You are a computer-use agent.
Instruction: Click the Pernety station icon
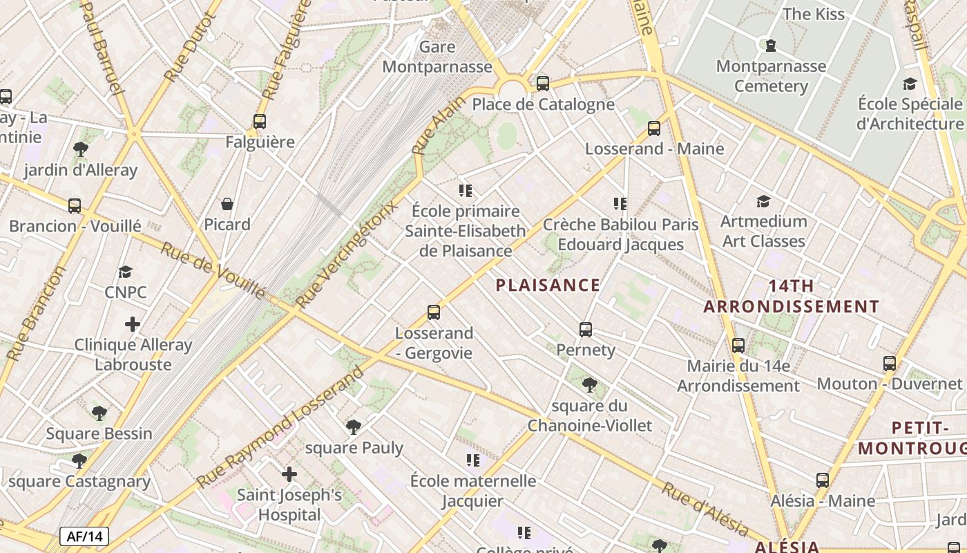586,329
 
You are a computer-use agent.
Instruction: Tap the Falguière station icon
260,122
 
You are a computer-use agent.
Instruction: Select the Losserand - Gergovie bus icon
434,312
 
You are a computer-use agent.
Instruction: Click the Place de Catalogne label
543,104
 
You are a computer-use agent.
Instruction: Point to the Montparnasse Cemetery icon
770,46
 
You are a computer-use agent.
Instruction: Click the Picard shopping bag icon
227,204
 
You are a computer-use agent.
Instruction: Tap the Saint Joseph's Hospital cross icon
289,474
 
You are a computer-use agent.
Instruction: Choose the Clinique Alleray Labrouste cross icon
133,324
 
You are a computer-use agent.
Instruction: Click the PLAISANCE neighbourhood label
548,285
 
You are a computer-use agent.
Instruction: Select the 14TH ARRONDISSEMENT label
792,296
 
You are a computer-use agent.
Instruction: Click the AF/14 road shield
84,536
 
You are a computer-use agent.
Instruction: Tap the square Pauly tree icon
354,427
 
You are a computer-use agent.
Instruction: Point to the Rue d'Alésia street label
705,510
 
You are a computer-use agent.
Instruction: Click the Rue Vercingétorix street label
347,254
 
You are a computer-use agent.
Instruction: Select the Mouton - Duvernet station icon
890,363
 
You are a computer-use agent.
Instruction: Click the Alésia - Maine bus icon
822,480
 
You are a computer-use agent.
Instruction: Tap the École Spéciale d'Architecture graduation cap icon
910,84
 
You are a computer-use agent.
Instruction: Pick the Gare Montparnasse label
437,57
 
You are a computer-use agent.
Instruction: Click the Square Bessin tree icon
99,413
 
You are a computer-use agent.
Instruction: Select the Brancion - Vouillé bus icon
75,205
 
